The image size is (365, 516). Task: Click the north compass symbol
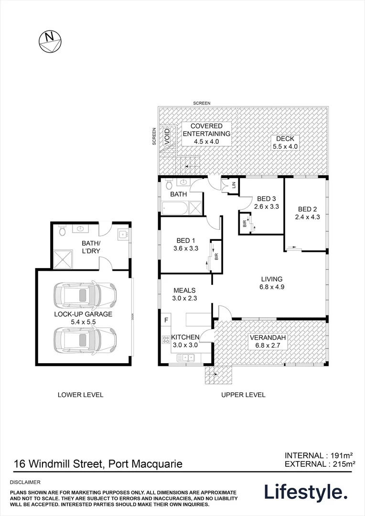49,40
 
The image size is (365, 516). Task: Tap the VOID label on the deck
167,136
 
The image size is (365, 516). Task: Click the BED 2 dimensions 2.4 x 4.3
308,216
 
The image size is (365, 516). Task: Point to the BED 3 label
267,199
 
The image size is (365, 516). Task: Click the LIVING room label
271,279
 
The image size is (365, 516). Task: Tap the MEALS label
185,290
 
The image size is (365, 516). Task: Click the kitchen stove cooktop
166,340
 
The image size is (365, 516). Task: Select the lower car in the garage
85,340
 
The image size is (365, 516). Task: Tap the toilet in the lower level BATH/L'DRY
62,232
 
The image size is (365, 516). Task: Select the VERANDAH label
268,338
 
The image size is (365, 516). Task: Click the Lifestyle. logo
306,492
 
